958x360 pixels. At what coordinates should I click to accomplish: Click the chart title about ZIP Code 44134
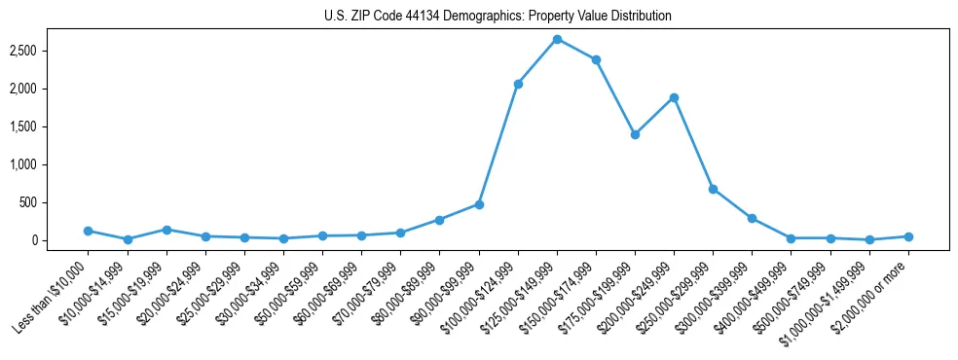(x=497, y=17)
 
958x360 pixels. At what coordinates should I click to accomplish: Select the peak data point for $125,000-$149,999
(x=557, y=39)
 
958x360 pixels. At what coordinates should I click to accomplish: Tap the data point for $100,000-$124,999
(x=518, y=84)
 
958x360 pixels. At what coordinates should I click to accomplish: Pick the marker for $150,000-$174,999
(x=596, y=59)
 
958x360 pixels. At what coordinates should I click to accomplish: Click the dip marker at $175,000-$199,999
(x=635, y=134)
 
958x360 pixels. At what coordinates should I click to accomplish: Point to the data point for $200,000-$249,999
(x=674, y=97)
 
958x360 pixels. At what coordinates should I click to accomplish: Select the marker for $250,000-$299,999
(x=713, y=189)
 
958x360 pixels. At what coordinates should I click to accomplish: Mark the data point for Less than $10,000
(x=88, y=231)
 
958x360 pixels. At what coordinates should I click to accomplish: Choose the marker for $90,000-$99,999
(x=479, y=204)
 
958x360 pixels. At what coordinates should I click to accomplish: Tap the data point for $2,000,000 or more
(x=908, y=236)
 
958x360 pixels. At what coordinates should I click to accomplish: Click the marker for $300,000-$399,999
(x=752, y=218)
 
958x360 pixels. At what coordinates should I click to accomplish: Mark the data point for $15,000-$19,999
(x=166, y=230)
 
